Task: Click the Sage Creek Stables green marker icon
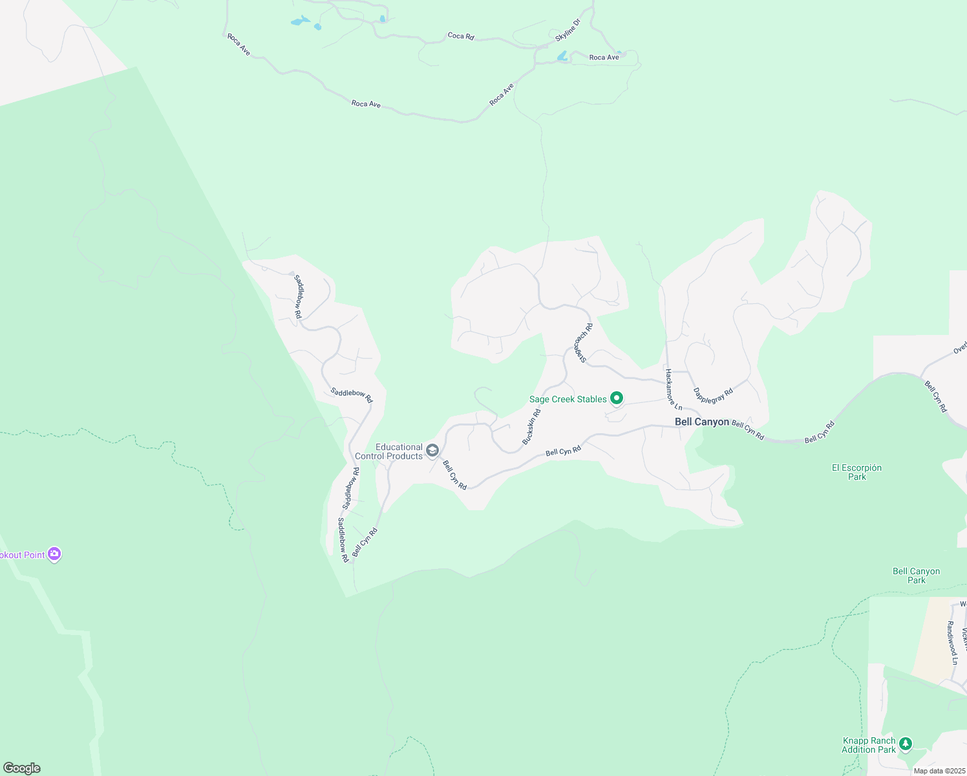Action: tap(617, 398)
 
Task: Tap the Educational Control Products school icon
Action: tap(432, 451)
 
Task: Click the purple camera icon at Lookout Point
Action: tap(54, 554)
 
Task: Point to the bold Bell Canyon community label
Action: tap(701, 422)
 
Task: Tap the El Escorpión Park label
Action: tap(856, 472)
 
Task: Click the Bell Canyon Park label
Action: tap(916, 576)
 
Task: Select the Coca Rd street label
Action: tap(461, 36)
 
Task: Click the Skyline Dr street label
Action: tap(568, 30)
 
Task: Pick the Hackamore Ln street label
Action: tap(673, 389)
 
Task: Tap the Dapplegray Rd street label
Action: tap(713, 395)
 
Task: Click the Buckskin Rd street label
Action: tap(531, 427)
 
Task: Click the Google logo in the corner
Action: tap(21, 768)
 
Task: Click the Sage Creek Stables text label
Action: tap(568, 399)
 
